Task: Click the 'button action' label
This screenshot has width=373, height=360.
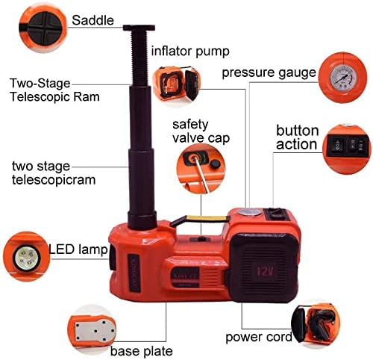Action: [298, 137]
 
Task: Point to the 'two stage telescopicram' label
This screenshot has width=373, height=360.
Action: [50, 172]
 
